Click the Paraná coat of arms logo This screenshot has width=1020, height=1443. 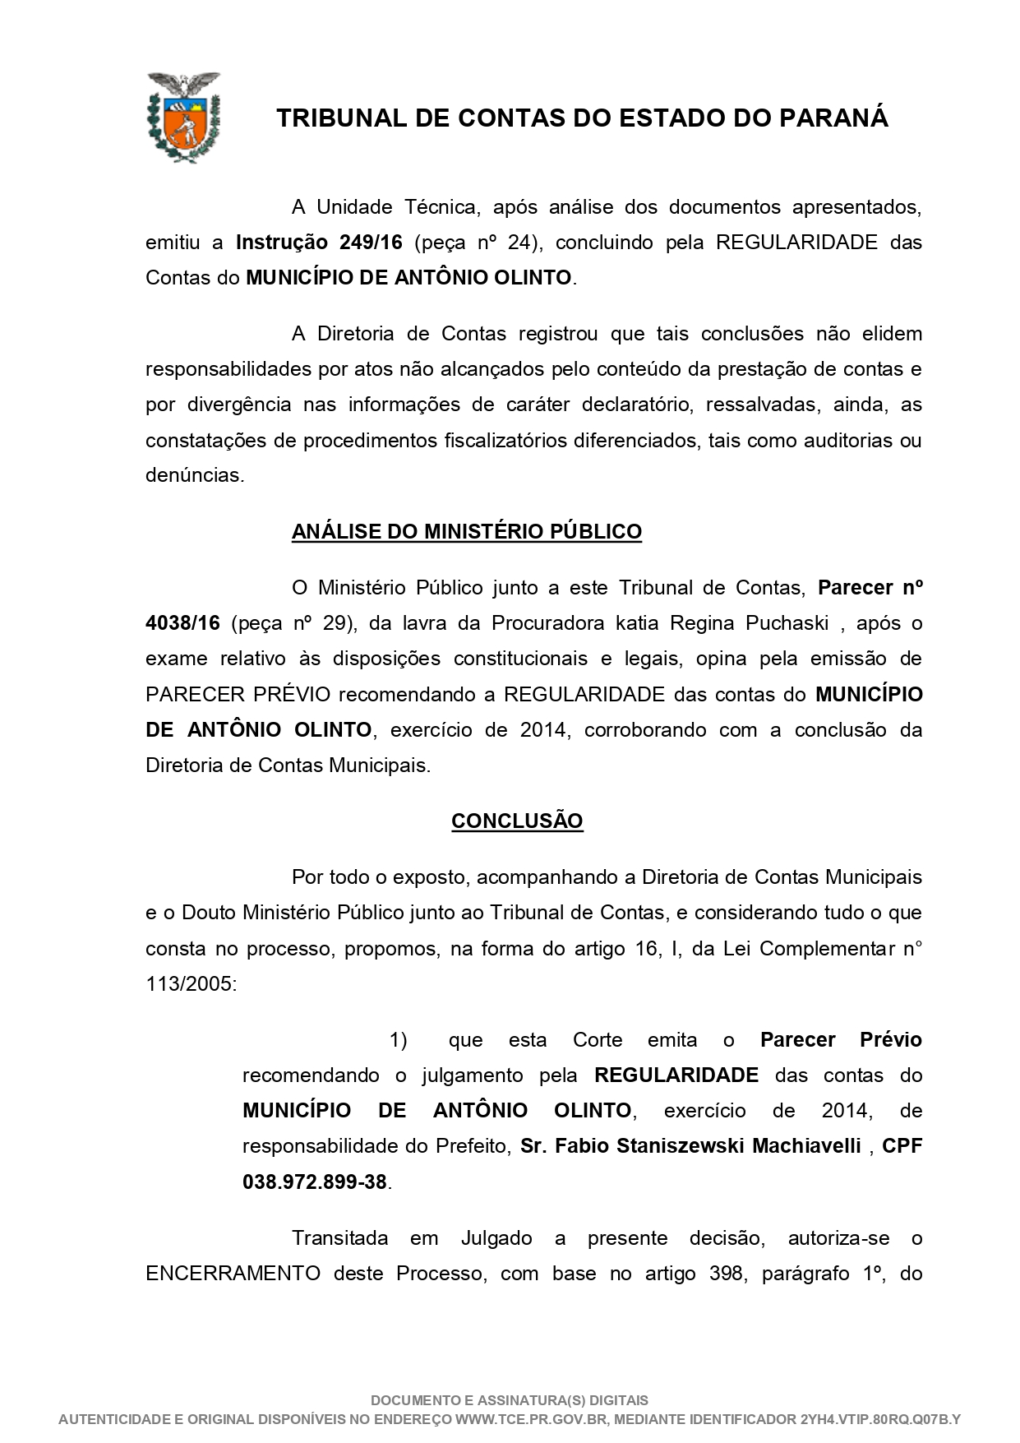(x=183, y=117)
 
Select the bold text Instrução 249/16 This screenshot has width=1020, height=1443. (x=319, y=243)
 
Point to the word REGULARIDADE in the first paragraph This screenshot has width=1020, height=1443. (x=797, y=243)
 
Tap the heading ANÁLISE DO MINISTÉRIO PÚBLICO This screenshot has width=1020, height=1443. (x=466, y=532)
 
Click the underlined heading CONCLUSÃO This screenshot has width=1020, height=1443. (x=517, y=821)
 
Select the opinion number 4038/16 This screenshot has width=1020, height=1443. (x=182, y=623)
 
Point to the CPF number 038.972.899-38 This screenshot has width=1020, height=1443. (x=315, y=1182)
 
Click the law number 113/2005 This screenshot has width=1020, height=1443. (x=191, y=984)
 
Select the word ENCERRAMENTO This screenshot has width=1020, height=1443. (x=233, y=1274)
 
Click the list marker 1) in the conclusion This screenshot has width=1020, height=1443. (x=398, y=1040)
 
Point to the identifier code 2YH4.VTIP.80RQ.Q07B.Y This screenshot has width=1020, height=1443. (x=880, y=1419)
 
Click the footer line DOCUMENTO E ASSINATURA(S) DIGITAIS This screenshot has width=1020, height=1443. (x=510, y=1400)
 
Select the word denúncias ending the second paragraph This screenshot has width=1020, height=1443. (x=195, y=475)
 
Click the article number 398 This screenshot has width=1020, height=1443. (x=726, y=1274)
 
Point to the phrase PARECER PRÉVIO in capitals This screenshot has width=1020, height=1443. (x=238, y=695)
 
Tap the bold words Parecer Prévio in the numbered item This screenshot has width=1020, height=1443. (x=841, y=1040)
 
